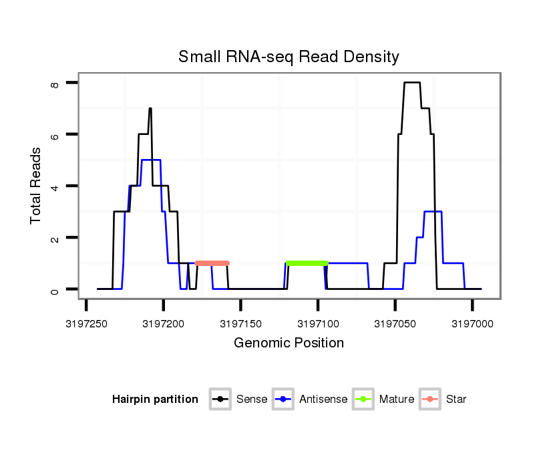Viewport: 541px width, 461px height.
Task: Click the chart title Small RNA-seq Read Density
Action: [289, 57]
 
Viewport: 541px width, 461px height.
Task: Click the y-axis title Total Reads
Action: [36, 185]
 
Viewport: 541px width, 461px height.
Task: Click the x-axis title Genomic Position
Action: [289, 343]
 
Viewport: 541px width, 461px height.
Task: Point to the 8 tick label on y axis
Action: [55, 84]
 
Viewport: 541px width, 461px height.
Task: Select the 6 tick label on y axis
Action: [55, 135]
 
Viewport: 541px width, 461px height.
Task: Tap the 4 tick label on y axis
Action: [55, 186]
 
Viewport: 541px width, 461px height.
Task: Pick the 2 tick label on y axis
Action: [55, 239]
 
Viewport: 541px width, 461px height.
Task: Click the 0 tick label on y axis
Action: [55, 290]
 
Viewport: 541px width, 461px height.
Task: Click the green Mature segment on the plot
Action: [307, 263]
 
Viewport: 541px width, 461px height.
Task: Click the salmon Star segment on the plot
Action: [212, 263]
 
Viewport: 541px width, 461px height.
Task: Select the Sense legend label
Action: [252, 400]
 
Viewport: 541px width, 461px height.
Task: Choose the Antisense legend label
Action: [323, 400]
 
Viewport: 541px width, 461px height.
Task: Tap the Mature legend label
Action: [397, 400]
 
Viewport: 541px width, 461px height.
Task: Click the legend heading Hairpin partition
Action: [155, 400]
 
